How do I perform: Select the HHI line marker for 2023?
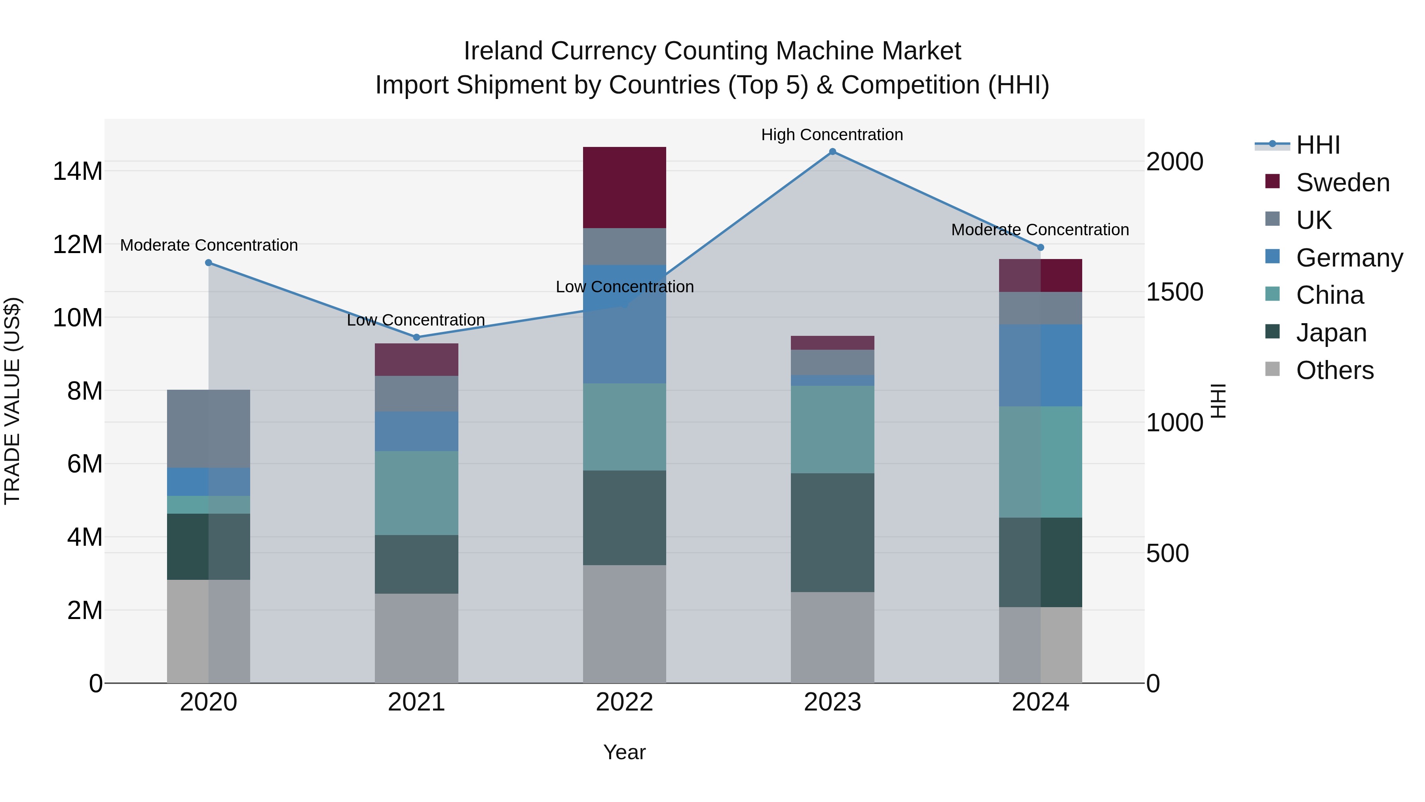point(832,152)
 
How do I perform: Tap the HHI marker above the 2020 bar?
point(209,263)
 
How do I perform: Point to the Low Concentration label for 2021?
point(416,320)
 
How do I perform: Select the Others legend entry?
point(1334,370)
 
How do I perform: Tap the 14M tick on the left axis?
point(78,171)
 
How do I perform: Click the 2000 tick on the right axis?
point(1174,162)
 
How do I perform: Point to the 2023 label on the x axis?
point(832,702)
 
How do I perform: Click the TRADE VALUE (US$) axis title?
point(12,401)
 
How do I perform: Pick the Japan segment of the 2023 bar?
point(832,532)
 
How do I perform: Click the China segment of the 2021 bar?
point(416,493)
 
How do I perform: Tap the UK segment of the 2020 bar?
point(209,429)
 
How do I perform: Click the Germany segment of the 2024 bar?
point(1040,365)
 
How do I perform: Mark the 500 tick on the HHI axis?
point(1167,553)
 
